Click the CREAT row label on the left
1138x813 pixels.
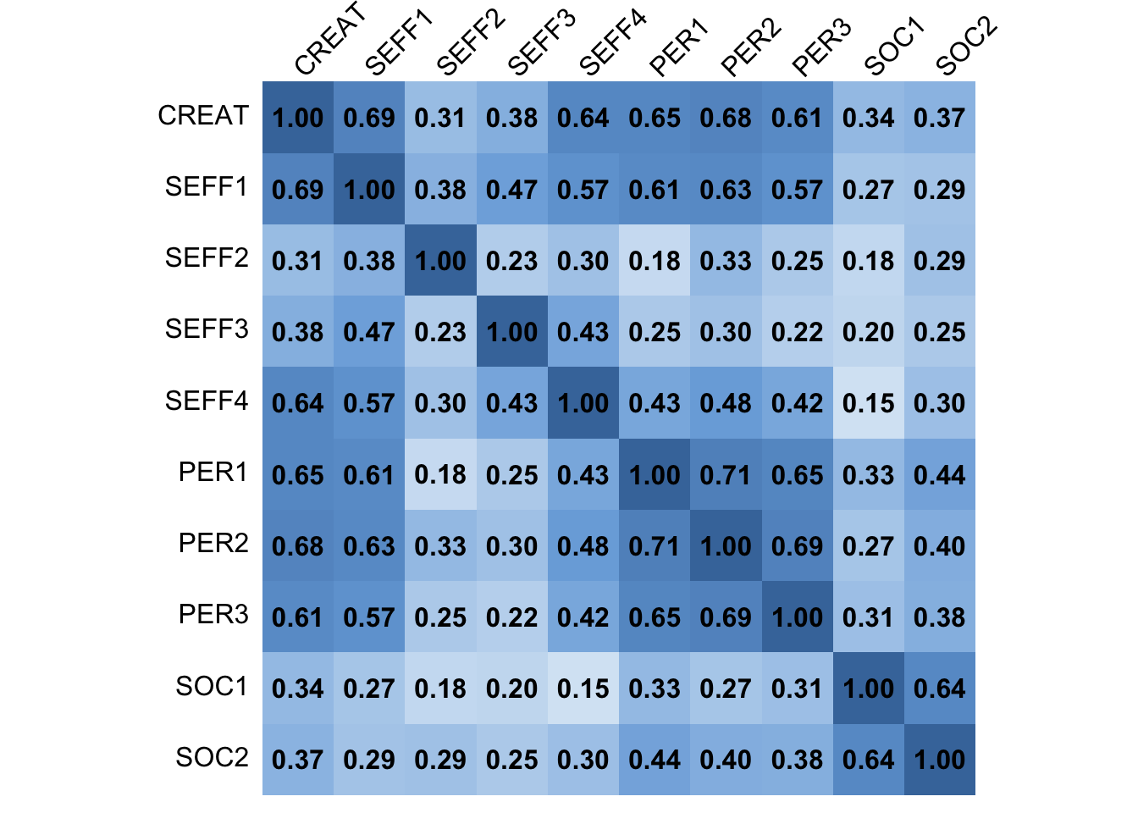(203, 116)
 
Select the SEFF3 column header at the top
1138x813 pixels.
(541, 42)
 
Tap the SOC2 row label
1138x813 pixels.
(212, 758)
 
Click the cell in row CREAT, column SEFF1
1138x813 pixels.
(369, 118)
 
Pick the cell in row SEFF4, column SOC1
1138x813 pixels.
(868, 403)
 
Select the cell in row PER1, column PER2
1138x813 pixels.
(726, 474)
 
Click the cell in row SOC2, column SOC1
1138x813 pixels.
(868, 760)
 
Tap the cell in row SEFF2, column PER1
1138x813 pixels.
(655, 261)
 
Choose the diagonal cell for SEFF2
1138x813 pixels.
(440, 261)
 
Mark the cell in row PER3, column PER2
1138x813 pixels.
(726, 617)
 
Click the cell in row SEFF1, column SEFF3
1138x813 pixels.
(511, 189)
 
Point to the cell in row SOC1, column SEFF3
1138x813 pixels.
(511, 689)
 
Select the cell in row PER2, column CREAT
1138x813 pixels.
(298, 545)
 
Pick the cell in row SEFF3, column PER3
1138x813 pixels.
(797, 332)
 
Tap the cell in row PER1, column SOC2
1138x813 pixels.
(939, 474)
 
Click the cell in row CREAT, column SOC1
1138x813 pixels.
(868, 118)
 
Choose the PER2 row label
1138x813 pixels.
(213, 544)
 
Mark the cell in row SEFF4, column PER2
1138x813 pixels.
(726, 403)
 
